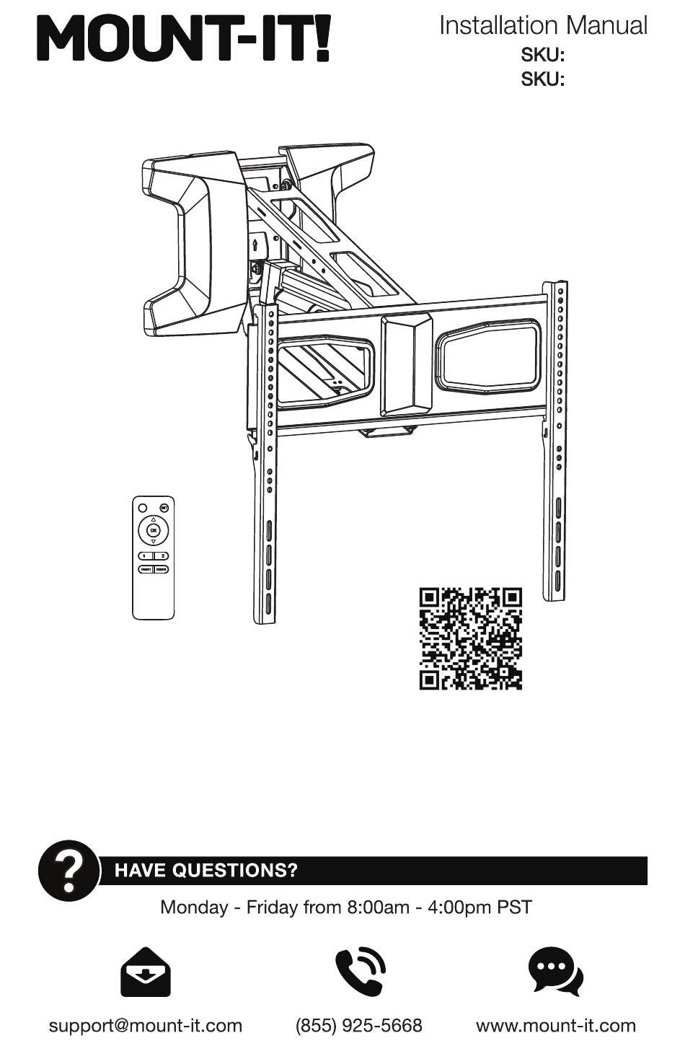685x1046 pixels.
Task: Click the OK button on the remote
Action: pyautogui.click(x=153, y=530)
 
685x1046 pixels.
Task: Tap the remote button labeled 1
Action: pyautogui.click(x=144, y=555)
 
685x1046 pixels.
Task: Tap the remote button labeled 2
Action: pyautogui.click(x=162, y=555)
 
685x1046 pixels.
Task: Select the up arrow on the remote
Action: pyautogui.click(x=153, y=519)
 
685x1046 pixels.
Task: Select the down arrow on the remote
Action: pyautogui.click(x=153, y=542)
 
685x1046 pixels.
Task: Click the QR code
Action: pyautogui.click(x=470, y=638)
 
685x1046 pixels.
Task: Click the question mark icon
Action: pyautogui.click(x=69, y=870)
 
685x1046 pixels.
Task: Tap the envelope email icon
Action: pyautogui.click(x=145, y=972)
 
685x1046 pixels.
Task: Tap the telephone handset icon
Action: pyautogui.click(x=360, y=972)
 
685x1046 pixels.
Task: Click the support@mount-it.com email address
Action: pyautogui.click(x=145, y=1026)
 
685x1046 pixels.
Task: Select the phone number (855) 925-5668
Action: pyautogui.click(x=358, y=1026)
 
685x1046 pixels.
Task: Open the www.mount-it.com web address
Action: pyautogui.click(x=556, y=1026)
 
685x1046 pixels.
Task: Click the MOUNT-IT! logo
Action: pyautogui.click(x=185, y=40)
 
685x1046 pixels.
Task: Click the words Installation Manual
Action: pyautogui.click(x=543, y=26)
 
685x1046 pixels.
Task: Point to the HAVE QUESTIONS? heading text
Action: pyautogui.click(x=206, y=871)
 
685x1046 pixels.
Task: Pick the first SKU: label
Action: pyautogui.click(x=542, y=56)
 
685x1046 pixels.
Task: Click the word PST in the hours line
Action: pyautogui.click(x=515, y=907)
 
